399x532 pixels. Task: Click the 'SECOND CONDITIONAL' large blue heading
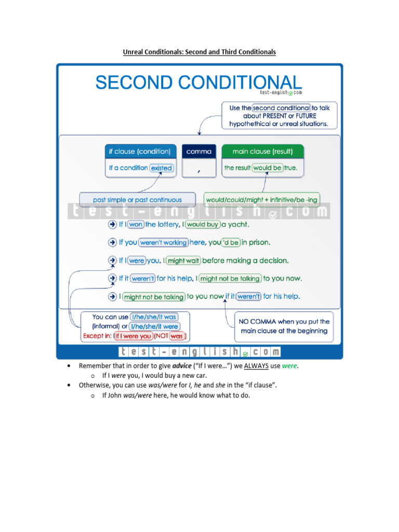pos(198,83)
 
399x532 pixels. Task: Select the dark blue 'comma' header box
pos(199,152)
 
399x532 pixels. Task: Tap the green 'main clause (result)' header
pos(262,152)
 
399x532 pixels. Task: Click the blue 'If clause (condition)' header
pos(139,152)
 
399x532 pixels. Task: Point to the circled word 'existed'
pos(161,168)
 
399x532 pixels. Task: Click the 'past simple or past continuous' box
pos(137,199)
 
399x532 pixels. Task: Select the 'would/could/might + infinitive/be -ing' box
pos(261,199)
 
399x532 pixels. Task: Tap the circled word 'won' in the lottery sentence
pos(136,224)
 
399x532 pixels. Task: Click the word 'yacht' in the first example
pos(239,224)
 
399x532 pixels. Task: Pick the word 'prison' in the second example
pos(258,243)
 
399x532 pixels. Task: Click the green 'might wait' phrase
pos(184,261)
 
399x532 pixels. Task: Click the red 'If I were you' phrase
pos(134,336)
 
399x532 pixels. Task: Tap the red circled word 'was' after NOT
pos(177,336)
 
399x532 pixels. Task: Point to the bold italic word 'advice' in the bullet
pos(181,366)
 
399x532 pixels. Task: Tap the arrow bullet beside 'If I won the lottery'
pos(112,224)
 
